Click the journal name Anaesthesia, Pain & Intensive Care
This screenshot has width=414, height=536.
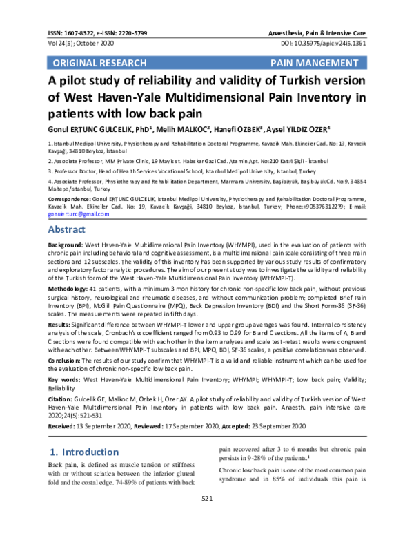click(x=316, y=32)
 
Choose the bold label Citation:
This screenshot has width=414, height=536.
click(x=60, y=399)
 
